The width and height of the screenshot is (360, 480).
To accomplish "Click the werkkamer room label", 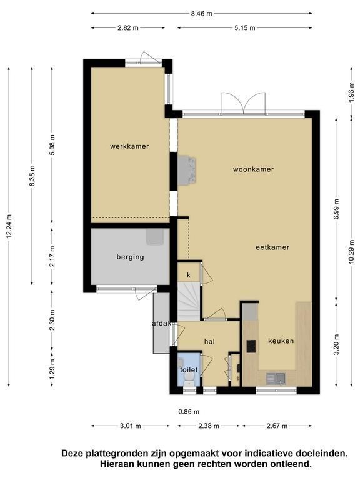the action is coord(129,146).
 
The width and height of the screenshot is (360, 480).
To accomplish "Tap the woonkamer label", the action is coord(253,169).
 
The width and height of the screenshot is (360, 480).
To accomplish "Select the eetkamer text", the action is coord(272,247).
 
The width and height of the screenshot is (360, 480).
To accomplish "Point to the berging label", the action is coord(131,257).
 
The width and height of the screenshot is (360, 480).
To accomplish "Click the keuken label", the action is coord(281,341).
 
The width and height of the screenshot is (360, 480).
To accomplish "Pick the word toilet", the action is coord(189,370).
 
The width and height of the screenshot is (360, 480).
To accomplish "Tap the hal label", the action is coord(210,342).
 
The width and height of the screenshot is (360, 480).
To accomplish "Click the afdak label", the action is coord(162,323).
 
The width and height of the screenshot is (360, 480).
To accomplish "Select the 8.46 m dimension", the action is coord(201,14).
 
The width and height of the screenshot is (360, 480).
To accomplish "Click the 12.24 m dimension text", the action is coord(10,226).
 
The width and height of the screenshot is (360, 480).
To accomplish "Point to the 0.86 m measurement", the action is coord(189,412).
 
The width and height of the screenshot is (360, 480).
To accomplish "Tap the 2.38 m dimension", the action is coord(209,426).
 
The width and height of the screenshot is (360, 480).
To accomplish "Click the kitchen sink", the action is coord(276,378).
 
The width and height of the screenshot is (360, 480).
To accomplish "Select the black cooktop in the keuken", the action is coord(251,346).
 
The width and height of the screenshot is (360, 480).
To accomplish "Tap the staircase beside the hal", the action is coord(189,301).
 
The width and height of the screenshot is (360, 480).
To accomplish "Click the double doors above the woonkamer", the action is coord(243,104).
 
